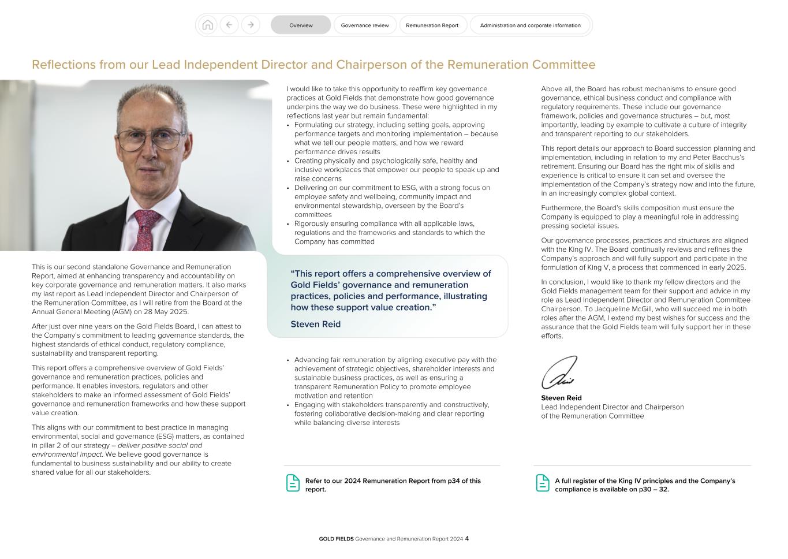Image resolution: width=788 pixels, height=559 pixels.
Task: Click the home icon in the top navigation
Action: pos(208,25)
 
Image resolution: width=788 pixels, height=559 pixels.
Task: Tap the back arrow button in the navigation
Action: pos(229,25)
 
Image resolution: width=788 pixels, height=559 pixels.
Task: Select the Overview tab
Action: pos(301,25)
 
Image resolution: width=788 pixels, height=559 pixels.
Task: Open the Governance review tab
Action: pos(365,25)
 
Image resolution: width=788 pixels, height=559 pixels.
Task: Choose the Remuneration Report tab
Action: pos(432,25)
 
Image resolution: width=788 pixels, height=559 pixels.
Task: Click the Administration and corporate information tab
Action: pos(530,25)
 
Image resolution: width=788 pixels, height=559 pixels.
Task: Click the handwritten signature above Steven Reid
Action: pos(559,373)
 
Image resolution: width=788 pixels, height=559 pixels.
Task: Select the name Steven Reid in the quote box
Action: pos(315,324)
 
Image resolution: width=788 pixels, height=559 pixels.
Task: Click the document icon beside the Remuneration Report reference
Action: pos(293,483)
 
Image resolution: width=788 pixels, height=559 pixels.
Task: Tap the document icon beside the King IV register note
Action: pos(543,483)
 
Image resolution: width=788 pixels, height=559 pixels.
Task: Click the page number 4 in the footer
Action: pos(467,539)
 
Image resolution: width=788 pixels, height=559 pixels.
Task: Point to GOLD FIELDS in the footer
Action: pos(336,539)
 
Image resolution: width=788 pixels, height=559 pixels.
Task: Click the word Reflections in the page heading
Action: pos(64,65)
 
